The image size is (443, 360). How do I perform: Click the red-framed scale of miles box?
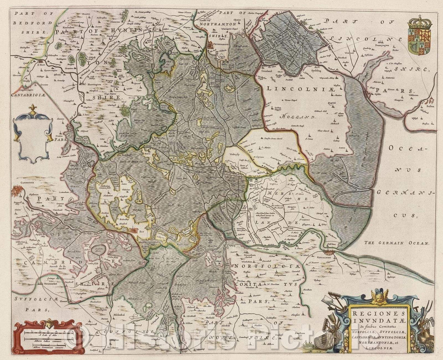[x=49, y=337]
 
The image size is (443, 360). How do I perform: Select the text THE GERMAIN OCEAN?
[x=397, y=243]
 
